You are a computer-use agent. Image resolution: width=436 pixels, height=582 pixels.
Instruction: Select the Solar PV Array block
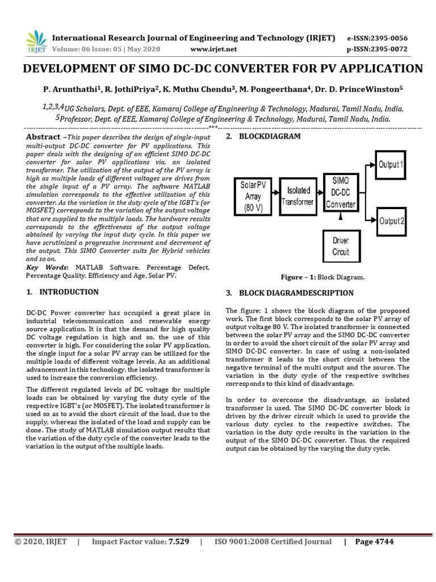point(253,196)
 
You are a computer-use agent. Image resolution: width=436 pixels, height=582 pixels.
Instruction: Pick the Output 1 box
point(391,165)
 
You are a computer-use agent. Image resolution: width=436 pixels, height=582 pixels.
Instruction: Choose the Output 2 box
point(391,221)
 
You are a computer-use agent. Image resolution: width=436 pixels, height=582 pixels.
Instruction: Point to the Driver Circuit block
point(341,247)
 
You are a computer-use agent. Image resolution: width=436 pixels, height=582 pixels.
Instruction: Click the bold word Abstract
point(44,137)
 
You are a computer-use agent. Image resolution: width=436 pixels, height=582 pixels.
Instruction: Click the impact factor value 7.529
point(179,542)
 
